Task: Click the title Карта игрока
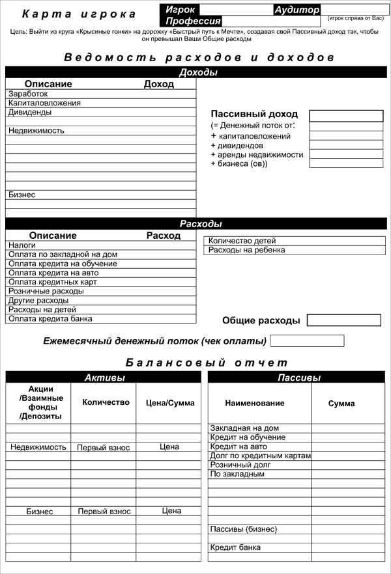[x=80, y=14]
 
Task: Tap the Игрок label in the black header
[x=181, y=10]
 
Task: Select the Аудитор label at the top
[x=297, y=10]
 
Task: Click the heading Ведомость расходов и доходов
[x=199, y=57]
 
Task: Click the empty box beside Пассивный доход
[x=346, y=116]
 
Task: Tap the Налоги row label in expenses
[x=22, y=245]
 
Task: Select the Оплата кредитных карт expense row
[x=53, y=282]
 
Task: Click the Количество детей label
[x=242, y=241]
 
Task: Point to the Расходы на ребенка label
[x=247, y=250]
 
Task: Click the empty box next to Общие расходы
[x=343, y=320]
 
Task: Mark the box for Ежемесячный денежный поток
[x=307, y=341]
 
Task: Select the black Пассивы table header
[x=299, y=377]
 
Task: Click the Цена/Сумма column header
[x=169, y=403]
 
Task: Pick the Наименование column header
[x=255, y=403]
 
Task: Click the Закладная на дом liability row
[x=244, y=428]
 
